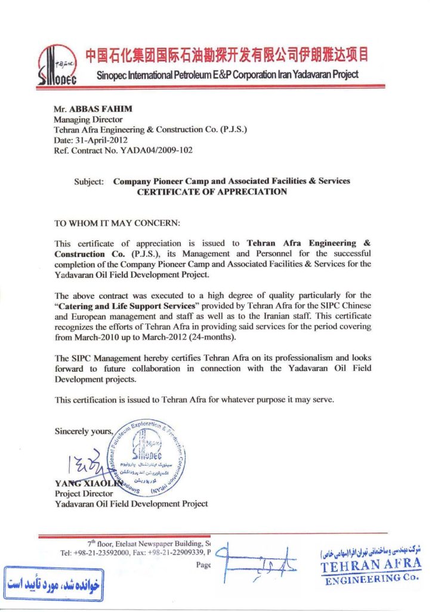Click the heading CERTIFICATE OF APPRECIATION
(x=212, y=192)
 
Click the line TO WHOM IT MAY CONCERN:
(x=117, y=224)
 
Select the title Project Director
(x=84, y=494)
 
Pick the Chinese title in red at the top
(x=226, y=56)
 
